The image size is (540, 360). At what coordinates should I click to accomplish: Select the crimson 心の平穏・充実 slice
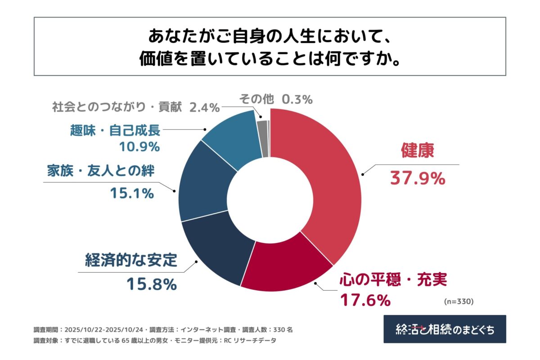click(288, 265)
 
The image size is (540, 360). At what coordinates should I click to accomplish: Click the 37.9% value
click(417, 179)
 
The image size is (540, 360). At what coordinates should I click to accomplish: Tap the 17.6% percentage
click(365, 300)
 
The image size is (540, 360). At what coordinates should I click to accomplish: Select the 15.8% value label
click(151, 284)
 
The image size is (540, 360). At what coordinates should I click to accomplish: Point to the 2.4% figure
click(204, 107)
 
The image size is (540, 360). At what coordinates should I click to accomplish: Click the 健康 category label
click(417, 152)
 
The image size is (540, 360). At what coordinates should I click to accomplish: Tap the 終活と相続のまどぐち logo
click(445, 329)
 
